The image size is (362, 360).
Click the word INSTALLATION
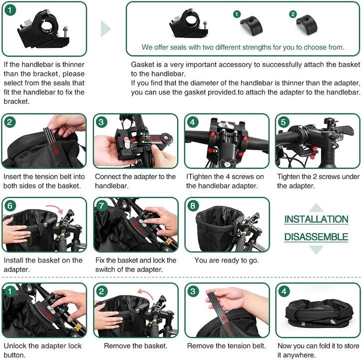click(x=316, y=219)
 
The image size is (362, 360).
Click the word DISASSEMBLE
click(x=316, y=237)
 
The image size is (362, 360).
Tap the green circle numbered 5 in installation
click(x=283, y=122)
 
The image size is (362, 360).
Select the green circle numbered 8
click(x=193, y=206)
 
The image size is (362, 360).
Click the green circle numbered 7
click(x=101, y=206)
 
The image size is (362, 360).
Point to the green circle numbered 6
click(x=10, y=206)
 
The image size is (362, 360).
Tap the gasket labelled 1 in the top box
click(x=251, y=25)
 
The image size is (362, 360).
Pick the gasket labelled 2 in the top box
click(x=307, y=24)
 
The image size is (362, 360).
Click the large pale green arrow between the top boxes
click(x=106, y=28)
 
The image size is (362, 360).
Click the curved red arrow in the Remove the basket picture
click(x=145, y=293)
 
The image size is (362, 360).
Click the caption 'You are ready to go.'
click(x=227, y=260)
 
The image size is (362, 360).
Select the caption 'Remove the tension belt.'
click(x=227, y=346)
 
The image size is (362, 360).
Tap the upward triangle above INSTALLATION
click(x=316, y=207)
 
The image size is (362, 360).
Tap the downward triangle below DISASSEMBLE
click(x=316, y=249)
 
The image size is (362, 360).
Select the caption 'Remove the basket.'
click(x=135, y=346)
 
